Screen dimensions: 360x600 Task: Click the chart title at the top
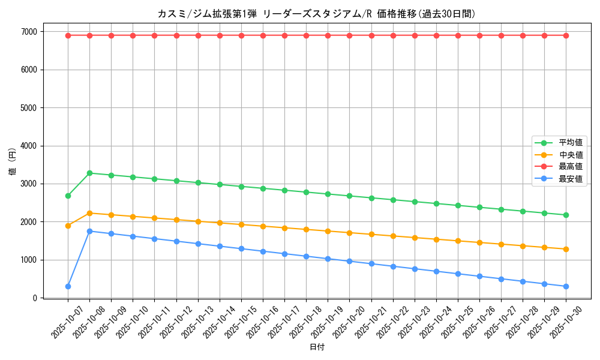click(x=317, y=14)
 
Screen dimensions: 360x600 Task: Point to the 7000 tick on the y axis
click(x=29, y=32)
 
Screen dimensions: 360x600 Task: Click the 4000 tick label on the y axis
click(x=29, y=146)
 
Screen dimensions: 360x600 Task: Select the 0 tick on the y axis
click(x=35, y=298)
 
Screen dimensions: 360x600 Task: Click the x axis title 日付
click(x=317, y=347)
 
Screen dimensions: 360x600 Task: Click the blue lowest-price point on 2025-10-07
click(x=68, y=286)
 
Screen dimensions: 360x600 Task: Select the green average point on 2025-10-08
click(x=89, y=173)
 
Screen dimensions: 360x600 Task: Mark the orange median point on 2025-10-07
click(x=68, y=226)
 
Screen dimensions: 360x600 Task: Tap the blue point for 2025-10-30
click(x=566, y=286)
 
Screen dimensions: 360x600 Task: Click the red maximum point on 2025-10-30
click(x=566, y=35)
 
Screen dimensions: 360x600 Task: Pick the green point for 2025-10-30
click(x=566, y=215)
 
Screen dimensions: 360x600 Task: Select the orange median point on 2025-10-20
click(x=349, y=233)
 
